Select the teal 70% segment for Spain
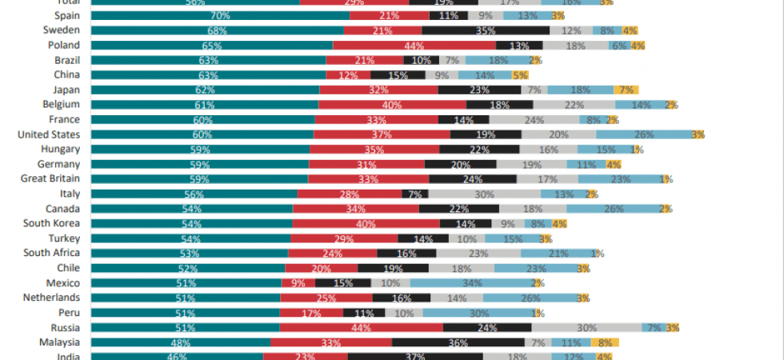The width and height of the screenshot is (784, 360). click(x=221, y=15)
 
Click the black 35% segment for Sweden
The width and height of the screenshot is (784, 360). click(x=486, y=30)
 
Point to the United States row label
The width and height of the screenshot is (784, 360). click(x=48, y=134)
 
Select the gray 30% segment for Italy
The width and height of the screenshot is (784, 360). click(x=484, y=194)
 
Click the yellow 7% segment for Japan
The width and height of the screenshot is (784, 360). click(x=626, y=90)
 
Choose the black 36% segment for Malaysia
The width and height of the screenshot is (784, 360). click(x=458, y=342)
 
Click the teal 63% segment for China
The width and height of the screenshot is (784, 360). click(x=209, y=75)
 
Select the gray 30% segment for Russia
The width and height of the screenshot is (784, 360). click(x=586, y=328)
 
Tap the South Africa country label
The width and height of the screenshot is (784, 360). click(x=51, y=253)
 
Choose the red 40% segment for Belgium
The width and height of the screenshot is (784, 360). click(x=392, y=105)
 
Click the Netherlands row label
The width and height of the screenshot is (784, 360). click(x=52, y=298)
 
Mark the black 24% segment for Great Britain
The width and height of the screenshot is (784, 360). click(x=472, y=179)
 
